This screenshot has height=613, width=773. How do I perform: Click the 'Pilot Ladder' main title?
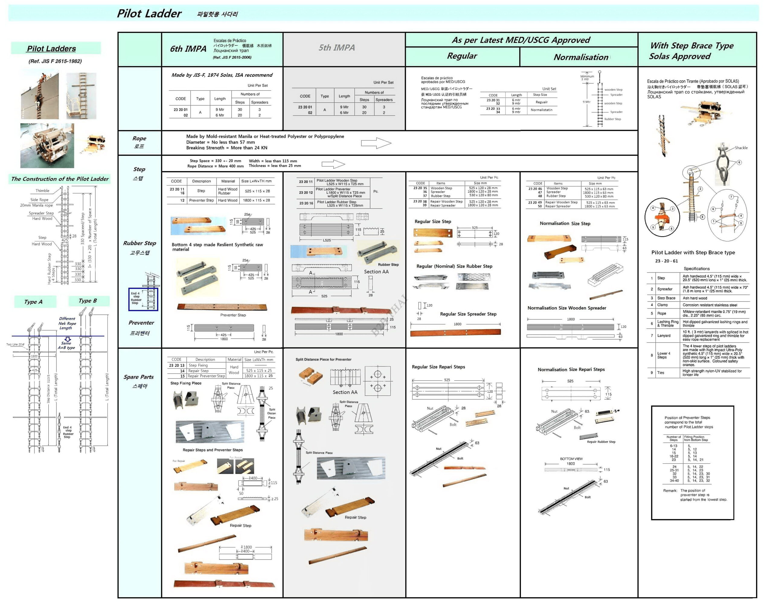click(x=149, y=14)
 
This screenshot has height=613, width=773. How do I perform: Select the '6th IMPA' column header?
click(x=188, y=49)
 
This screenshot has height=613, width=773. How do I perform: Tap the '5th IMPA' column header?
click(x=337, y=48)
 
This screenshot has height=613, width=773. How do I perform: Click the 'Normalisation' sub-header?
click(x=581, y=57)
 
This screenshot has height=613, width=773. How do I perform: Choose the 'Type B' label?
click(x=88, y=301)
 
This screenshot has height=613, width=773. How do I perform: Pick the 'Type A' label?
click(x=33, y=302)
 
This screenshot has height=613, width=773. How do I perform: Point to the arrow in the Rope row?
click(x=376, y=143)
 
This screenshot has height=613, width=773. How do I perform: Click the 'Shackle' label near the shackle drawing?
click(x=741, y=148)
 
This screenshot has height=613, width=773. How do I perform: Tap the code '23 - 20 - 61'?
click(x=666, y=261)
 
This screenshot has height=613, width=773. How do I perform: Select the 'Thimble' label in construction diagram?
click(x=42, y=190)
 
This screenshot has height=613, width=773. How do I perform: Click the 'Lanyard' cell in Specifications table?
click(x=664, y=335)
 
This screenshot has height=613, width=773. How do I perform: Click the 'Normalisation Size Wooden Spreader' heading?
click(x=566, y=308)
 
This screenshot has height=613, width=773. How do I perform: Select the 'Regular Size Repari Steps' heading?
click(x=438, y=366)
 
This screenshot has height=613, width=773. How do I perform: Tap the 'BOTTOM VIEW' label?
click(x=571, y=459)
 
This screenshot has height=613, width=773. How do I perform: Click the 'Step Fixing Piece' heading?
click(x=186, y=383)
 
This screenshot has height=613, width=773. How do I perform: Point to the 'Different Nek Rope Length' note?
click(x=67, y=323)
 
